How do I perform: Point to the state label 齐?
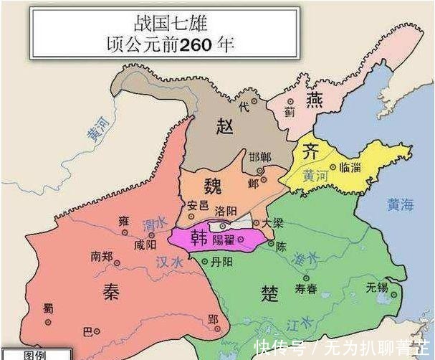[310, 152]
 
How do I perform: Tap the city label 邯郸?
[259, 157]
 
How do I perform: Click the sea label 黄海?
[400, 204]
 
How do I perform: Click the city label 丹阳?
[222, 262]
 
